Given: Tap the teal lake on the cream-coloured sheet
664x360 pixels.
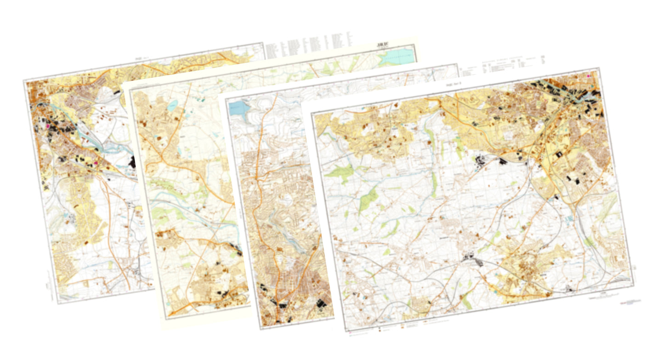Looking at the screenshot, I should pyautogui.click(x=396, y=57).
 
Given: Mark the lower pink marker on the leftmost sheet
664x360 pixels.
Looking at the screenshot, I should pyautogui.click(x=96, y=163).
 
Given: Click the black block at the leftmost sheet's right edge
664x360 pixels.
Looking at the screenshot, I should pyautogui.click(x=134, y=161).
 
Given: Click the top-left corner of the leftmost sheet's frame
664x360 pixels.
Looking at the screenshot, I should pyautogui.click(x=24, y=81).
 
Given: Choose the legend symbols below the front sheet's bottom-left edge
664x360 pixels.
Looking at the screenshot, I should pyautogui.click(x=391, y=331).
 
